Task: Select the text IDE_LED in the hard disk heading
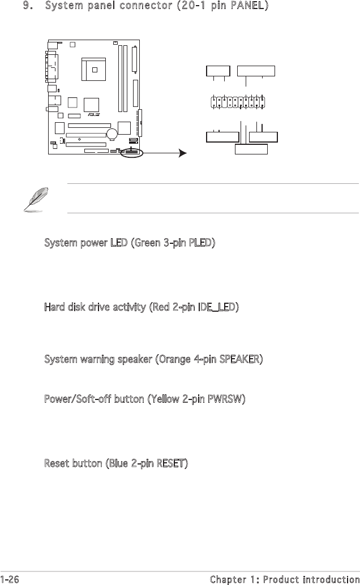217,307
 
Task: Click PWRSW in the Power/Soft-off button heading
224,399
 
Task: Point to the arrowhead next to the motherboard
182,153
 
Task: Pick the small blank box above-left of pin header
218,71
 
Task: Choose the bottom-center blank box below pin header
251,149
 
